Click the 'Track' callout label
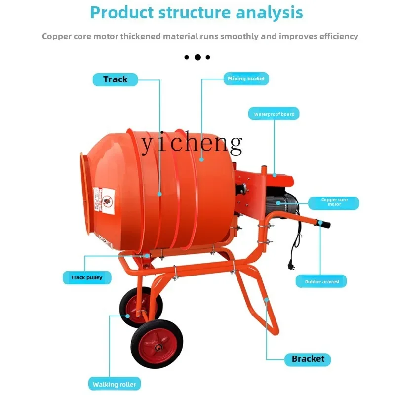coord(115,79)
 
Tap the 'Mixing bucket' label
coord(246,79)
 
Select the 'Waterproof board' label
coord(274,114)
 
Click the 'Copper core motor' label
coord(334,203)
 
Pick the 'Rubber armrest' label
coord(321,281)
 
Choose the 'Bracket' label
coord(308,359)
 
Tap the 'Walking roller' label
coord(115,384)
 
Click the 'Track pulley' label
coord(86,277)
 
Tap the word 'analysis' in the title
coord(270,13)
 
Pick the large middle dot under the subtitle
coord(197,57)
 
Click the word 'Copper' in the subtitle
coord(55,36)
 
